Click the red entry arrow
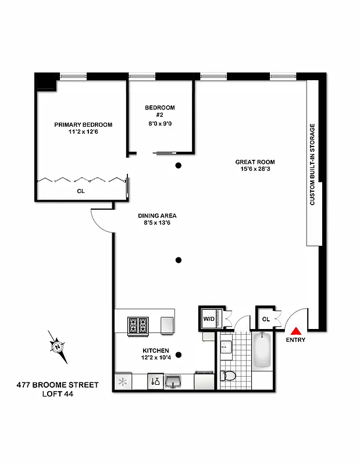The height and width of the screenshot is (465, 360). [x=295, y=330]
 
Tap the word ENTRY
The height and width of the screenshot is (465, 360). [x=295, y=340]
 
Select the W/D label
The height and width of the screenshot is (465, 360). [x=209, y=319]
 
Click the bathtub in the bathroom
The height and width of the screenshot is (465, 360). [x=262, y=350]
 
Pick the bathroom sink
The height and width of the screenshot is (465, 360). [x=226, y=348]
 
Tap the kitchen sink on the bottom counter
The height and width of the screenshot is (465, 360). [x=173, y=381]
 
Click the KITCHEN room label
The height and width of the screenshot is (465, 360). [x=156, y=351]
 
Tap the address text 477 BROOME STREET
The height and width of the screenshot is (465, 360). [x=58, y=385]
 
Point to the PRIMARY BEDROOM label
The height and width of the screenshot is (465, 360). [x=83, y=124]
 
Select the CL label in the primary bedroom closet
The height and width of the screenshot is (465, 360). [x=80, y=190]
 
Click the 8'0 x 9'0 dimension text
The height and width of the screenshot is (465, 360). [x=159, y=123]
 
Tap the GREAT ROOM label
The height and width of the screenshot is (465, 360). [x=255, y=162]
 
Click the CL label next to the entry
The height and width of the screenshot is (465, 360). [x=266, y=319]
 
